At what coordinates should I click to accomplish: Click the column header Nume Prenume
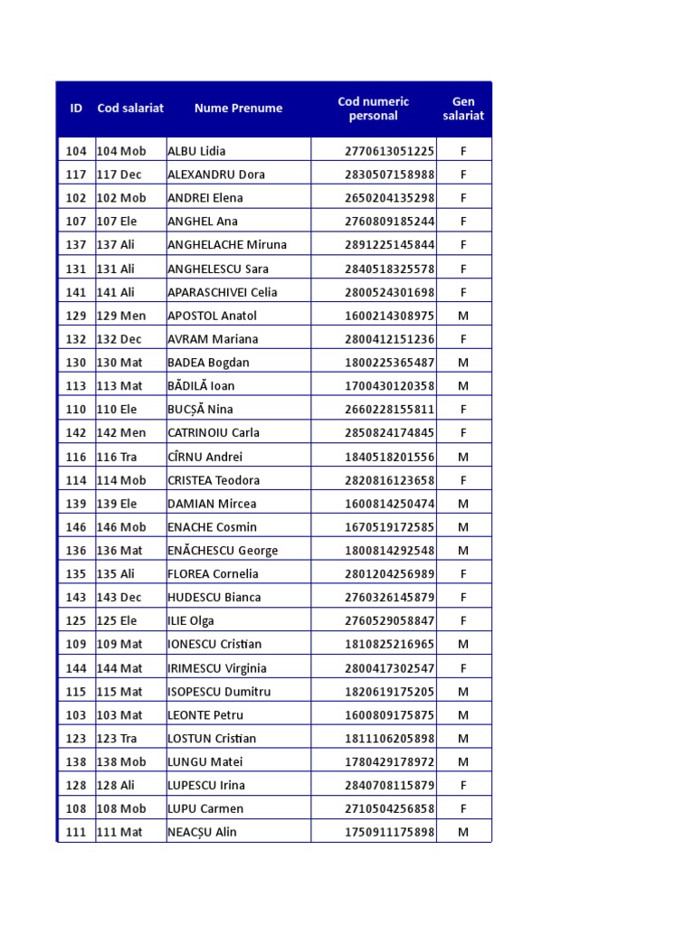click(x=238, y=109)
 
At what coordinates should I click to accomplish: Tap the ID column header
click(x=76, y=109)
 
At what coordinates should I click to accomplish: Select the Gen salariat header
click(x=463, y=109)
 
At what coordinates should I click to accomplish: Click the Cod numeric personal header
click(x=373, y=109)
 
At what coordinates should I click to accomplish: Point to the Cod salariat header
click(x=130, y=109)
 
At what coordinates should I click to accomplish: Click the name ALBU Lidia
click(x=196, y=151)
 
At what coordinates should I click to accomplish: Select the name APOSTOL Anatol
click(x=212, y=316)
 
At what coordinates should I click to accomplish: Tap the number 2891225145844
click(x=389, y=245)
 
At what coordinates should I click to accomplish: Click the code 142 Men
click(x=121, y=433)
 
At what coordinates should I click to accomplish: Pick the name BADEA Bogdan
click(x=208, y=363)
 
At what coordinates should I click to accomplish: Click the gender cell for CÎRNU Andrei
click(x=463, y=457)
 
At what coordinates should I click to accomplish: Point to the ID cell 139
click(x=76, y=504)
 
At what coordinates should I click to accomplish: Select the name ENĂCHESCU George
click(x=223, y=551)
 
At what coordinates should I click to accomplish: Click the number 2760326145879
click(x=389, y=598)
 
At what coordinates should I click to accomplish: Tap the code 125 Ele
click(x=118, y=621)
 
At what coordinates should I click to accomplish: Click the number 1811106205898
click(x=389, y=739)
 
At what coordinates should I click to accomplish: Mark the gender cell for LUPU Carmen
click(x=463, y=809)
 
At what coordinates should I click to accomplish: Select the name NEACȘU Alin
click(x=202, y=833)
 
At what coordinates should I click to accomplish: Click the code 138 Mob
click(x=121, y=762)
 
